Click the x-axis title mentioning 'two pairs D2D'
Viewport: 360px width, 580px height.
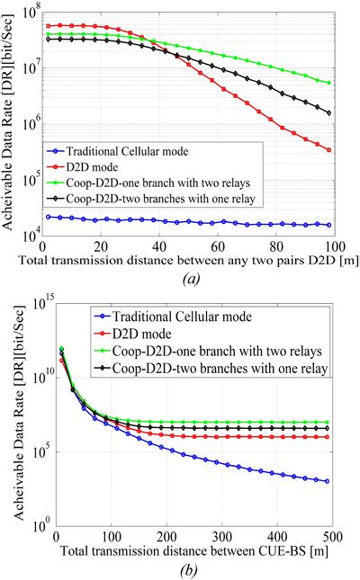(195, 261)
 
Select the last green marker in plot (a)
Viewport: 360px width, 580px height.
(329, 83)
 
